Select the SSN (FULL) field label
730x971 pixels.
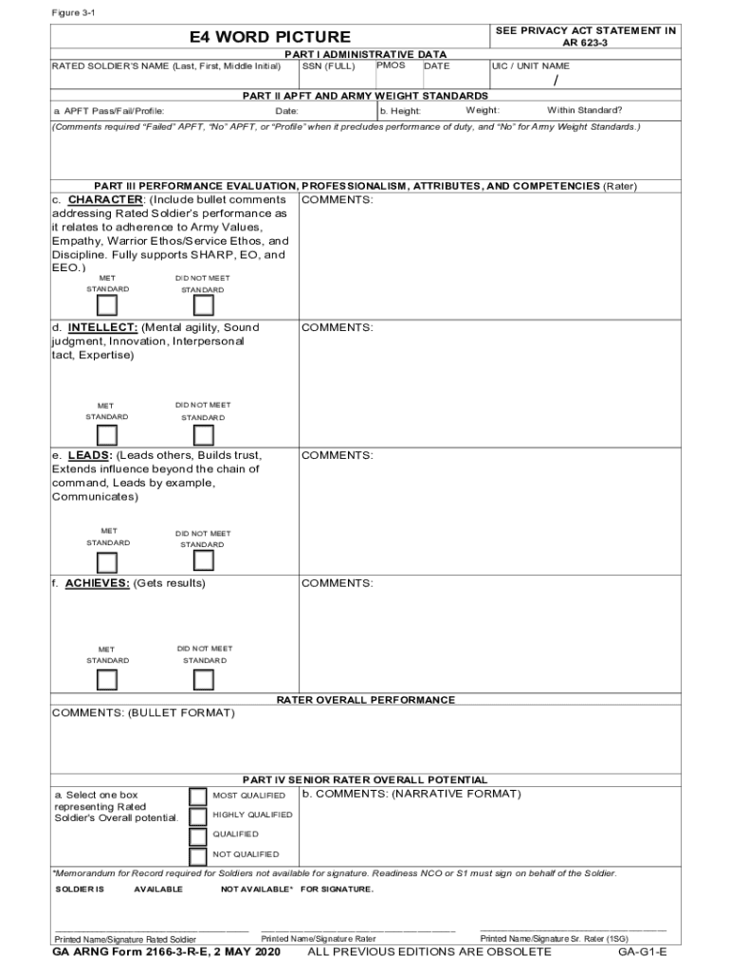pyautogui.click(x=329, y=66)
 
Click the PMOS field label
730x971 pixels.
pyautogui.click(x=391, y=65)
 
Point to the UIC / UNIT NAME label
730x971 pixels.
pyautogui.click(x=530, y=66)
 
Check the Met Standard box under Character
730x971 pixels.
pyautogui.click(x=107, y=305)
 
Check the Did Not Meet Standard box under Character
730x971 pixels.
pyautogui.click(x=203, y=305)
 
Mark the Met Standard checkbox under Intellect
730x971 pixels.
pyautogui.click(x=107, y=434)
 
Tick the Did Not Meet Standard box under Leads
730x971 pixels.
pyautogui.click(x=203, y=562)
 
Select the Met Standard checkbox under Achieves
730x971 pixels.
pyautogui.click(x=107, y=680)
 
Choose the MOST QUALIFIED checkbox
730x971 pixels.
pyautogui.click(x=197, y=796)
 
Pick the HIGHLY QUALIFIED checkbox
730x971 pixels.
pyautogui.click(x=197, y=815)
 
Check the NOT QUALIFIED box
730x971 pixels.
pyautogui.click(x=197, y=854)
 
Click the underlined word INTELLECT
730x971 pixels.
pyautogui.click(x=102, y=327)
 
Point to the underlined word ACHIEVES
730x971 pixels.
pyautogui.click(x=98, y=583)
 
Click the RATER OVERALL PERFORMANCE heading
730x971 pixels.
pyautogui.click(x=365, y=700)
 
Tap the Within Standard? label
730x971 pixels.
pyautogui.click(x=584, y=110)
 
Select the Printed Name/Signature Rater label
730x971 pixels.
pyautogui.click(x=318, y=939)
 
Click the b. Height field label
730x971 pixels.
pyautogui.click(x=400, y=111)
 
